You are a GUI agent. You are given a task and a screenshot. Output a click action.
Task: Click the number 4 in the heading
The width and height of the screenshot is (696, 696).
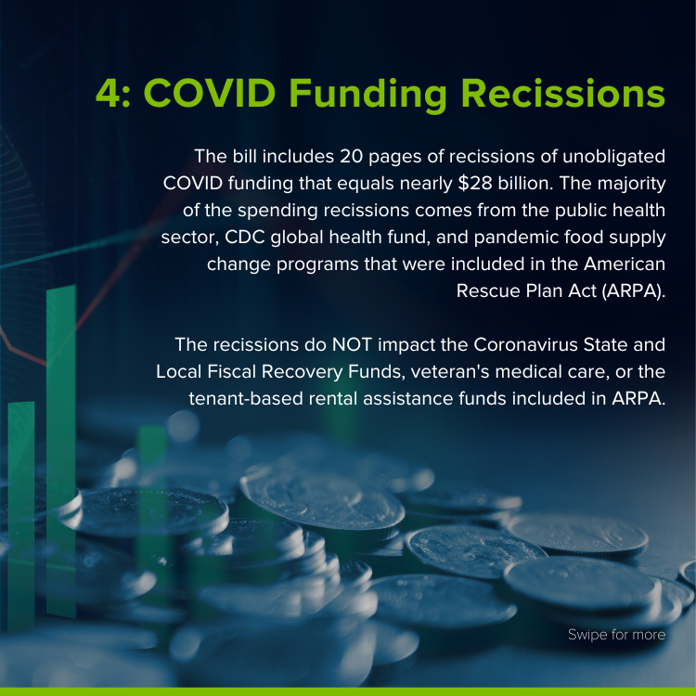click(109, 94)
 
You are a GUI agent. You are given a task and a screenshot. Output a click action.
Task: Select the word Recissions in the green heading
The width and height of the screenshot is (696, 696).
click(563, 93)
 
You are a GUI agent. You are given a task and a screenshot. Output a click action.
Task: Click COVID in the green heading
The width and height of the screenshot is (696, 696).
click(210, 94)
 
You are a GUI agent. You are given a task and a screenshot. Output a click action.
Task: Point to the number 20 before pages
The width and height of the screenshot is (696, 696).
click(351, 157)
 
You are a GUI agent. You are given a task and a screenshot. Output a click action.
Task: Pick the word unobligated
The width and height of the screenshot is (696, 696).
click(614, 157)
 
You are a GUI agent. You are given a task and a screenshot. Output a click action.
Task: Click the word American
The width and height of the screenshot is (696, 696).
click(625, 264)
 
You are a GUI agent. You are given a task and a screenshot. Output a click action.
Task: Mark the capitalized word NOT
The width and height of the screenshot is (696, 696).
click(352, 345)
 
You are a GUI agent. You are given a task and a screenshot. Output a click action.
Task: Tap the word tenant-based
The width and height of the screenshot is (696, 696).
click(246, 399)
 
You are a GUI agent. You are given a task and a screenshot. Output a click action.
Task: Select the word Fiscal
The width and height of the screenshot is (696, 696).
click(232, 371)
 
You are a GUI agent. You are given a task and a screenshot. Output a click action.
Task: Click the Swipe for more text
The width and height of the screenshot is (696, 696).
click(616, 635)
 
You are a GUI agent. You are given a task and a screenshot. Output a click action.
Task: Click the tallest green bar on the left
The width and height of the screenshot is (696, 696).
click(61, 450)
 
